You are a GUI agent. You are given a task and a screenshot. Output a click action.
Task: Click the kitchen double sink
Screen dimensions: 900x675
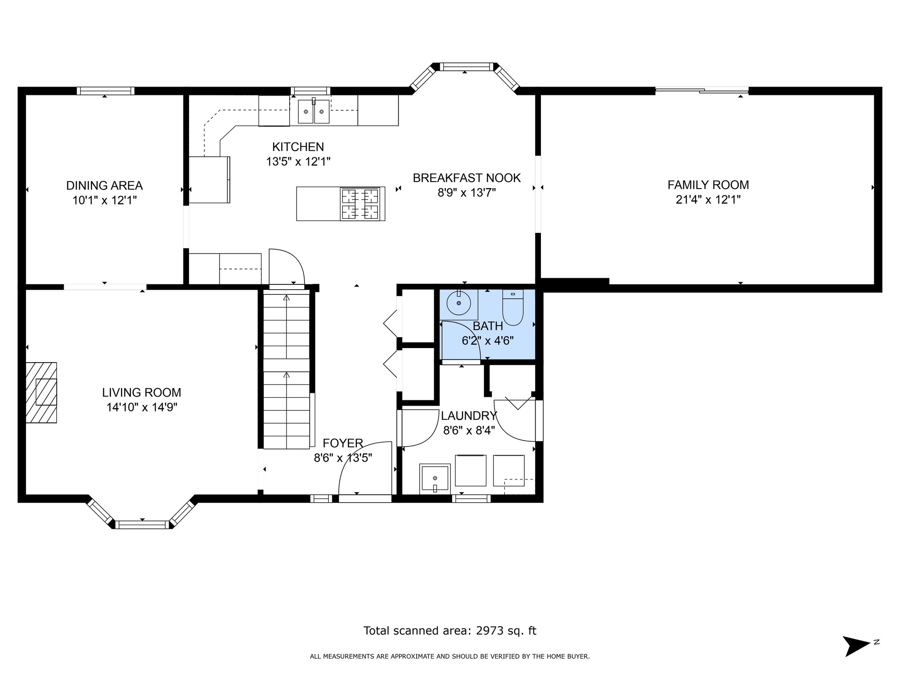(314, 112)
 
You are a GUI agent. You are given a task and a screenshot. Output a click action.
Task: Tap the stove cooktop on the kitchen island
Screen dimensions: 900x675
(360, 203)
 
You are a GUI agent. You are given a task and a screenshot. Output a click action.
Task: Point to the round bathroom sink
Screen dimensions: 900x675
(458, 303)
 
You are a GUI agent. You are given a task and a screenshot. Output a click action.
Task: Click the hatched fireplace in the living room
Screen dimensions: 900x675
(41, 392)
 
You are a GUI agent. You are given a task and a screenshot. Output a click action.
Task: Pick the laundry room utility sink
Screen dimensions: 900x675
(435, 479)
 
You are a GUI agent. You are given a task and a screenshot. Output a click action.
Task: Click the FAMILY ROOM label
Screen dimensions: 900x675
(708, 185)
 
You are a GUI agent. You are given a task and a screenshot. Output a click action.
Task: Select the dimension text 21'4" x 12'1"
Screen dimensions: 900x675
(708, 200)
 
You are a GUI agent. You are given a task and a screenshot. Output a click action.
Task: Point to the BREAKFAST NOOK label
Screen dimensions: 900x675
(467, 178)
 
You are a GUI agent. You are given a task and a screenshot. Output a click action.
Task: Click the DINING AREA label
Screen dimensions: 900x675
(105, 185)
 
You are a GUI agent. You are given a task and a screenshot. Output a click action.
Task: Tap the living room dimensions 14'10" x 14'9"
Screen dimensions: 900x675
(142, 407)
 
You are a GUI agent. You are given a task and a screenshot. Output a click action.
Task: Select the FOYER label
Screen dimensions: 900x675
(343, 443)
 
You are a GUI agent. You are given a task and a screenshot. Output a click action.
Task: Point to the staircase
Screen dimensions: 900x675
(287, 369)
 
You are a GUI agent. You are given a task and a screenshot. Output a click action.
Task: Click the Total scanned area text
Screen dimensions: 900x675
(450, 631)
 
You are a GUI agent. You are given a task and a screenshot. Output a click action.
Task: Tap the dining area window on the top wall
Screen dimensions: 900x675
(105, 91)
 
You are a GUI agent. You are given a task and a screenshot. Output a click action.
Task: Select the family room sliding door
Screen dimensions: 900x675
(702, 91)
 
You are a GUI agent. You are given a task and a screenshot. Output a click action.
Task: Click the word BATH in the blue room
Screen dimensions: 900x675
(488, 326)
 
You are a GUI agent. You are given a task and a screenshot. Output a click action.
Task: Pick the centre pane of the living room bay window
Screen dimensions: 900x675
(142, 525)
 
